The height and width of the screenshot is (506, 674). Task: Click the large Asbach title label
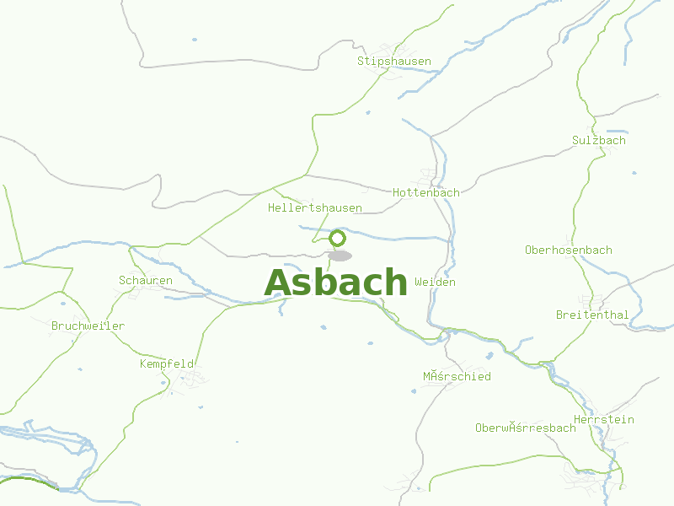click(336, 283)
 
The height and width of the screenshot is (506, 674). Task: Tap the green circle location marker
click(338, 238)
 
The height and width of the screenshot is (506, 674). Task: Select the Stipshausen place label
click(393, 62)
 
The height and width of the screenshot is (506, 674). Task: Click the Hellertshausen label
click(315, 207)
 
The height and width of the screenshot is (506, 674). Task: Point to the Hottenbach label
click(426, 192)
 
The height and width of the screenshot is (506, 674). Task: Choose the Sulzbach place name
click(598, 140)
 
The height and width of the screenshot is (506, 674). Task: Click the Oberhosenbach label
click(568, 250)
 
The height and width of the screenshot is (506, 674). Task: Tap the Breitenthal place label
click(591, 315)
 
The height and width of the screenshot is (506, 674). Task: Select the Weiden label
click(435, 282)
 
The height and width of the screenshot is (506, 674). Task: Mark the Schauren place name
click(145, 280)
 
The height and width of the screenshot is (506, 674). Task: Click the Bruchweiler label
click(88, 326)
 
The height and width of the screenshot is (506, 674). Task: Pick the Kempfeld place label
click(167, 363)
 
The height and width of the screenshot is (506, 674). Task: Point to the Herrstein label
click(603, 419)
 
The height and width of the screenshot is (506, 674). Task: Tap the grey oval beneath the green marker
click(340, 256)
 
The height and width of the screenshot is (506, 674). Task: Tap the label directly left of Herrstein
click(525, 428)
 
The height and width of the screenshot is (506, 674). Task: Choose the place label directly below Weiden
click(456, 376)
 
